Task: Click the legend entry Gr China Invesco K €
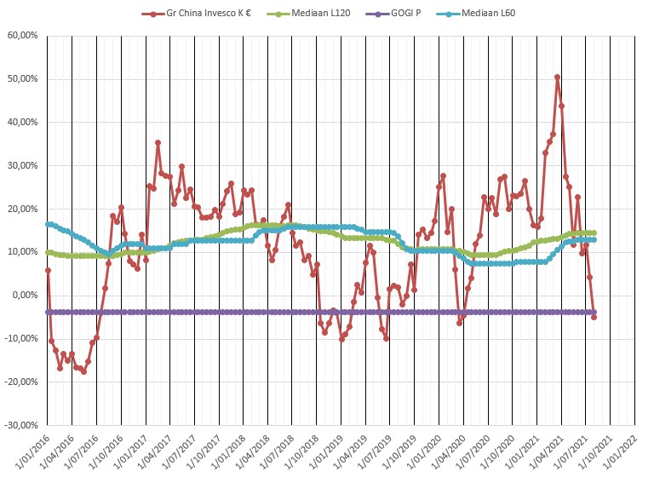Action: coord(203,14)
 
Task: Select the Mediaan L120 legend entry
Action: coord(324,14)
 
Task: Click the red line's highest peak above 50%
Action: coord(557,78)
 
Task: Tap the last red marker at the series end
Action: coord(594,317)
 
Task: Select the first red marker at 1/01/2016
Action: coord(48,270)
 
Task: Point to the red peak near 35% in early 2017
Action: coord(158,143)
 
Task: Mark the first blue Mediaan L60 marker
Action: coord(48,224)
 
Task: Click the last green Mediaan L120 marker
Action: coord(594,233)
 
